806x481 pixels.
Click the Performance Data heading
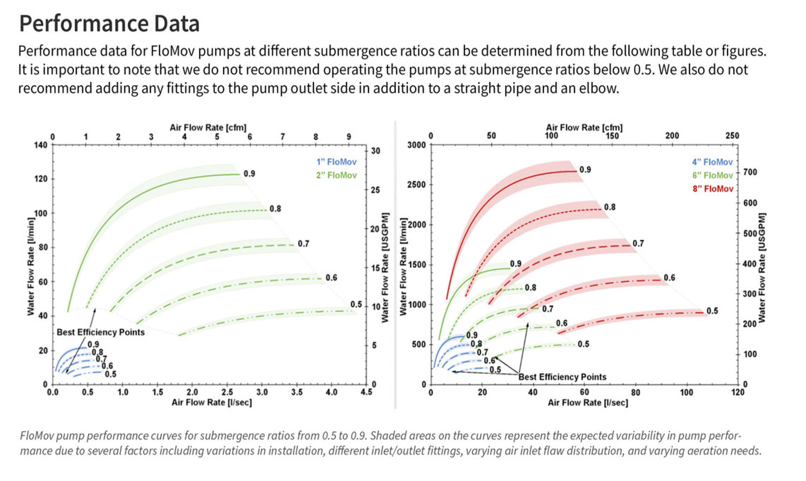(x=109, y=24)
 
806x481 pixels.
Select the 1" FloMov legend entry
(x=336, y=162)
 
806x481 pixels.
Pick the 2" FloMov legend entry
(x=336, y=175)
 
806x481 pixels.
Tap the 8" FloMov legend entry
(x=713, y=189)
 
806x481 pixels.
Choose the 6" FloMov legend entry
(x=712, y=176)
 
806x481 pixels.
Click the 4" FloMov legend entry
(x=712, y=162)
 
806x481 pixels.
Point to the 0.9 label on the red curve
(x=585, y=170)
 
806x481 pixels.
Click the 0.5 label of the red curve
(x=712, y=311)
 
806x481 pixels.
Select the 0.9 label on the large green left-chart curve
(x=249, y=174)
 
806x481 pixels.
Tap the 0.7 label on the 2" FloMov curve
(x=303, y=244)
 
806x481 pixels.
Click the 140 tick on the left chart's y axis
(x=41, y=145)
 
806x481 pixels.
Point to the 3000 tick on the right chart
(x=416, y=145)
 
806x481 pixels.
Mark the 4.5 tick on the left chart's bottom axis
(x=366, y=392)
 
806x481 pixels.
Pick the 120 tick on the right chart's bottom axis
(x=737, y=392)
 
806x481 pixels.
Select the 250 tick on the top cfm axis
(x=732, y=136)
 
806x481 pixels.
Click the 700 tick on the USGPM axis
(x=750, y=172)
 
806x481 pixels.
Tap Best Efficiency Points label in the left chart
(x=100, y=332)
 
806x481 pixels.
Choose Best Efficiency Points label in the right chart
(x=562, y=377)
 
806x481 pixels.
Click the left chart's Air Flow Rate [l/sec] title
(x=211, y=402)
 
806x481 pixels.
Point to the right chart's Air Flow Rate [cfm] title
(x=584, y=127)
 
